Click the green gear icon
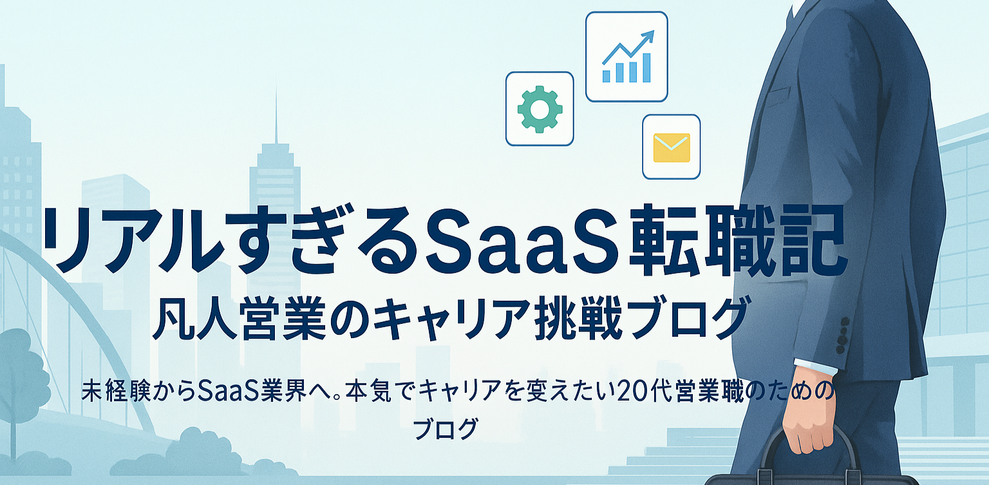point(540,109)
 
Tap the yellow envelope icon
point(672,147)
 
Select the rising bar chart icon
point(627,56)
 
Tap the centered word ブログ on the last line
point(446,428)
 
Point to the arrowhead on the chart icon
point(648,36)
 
